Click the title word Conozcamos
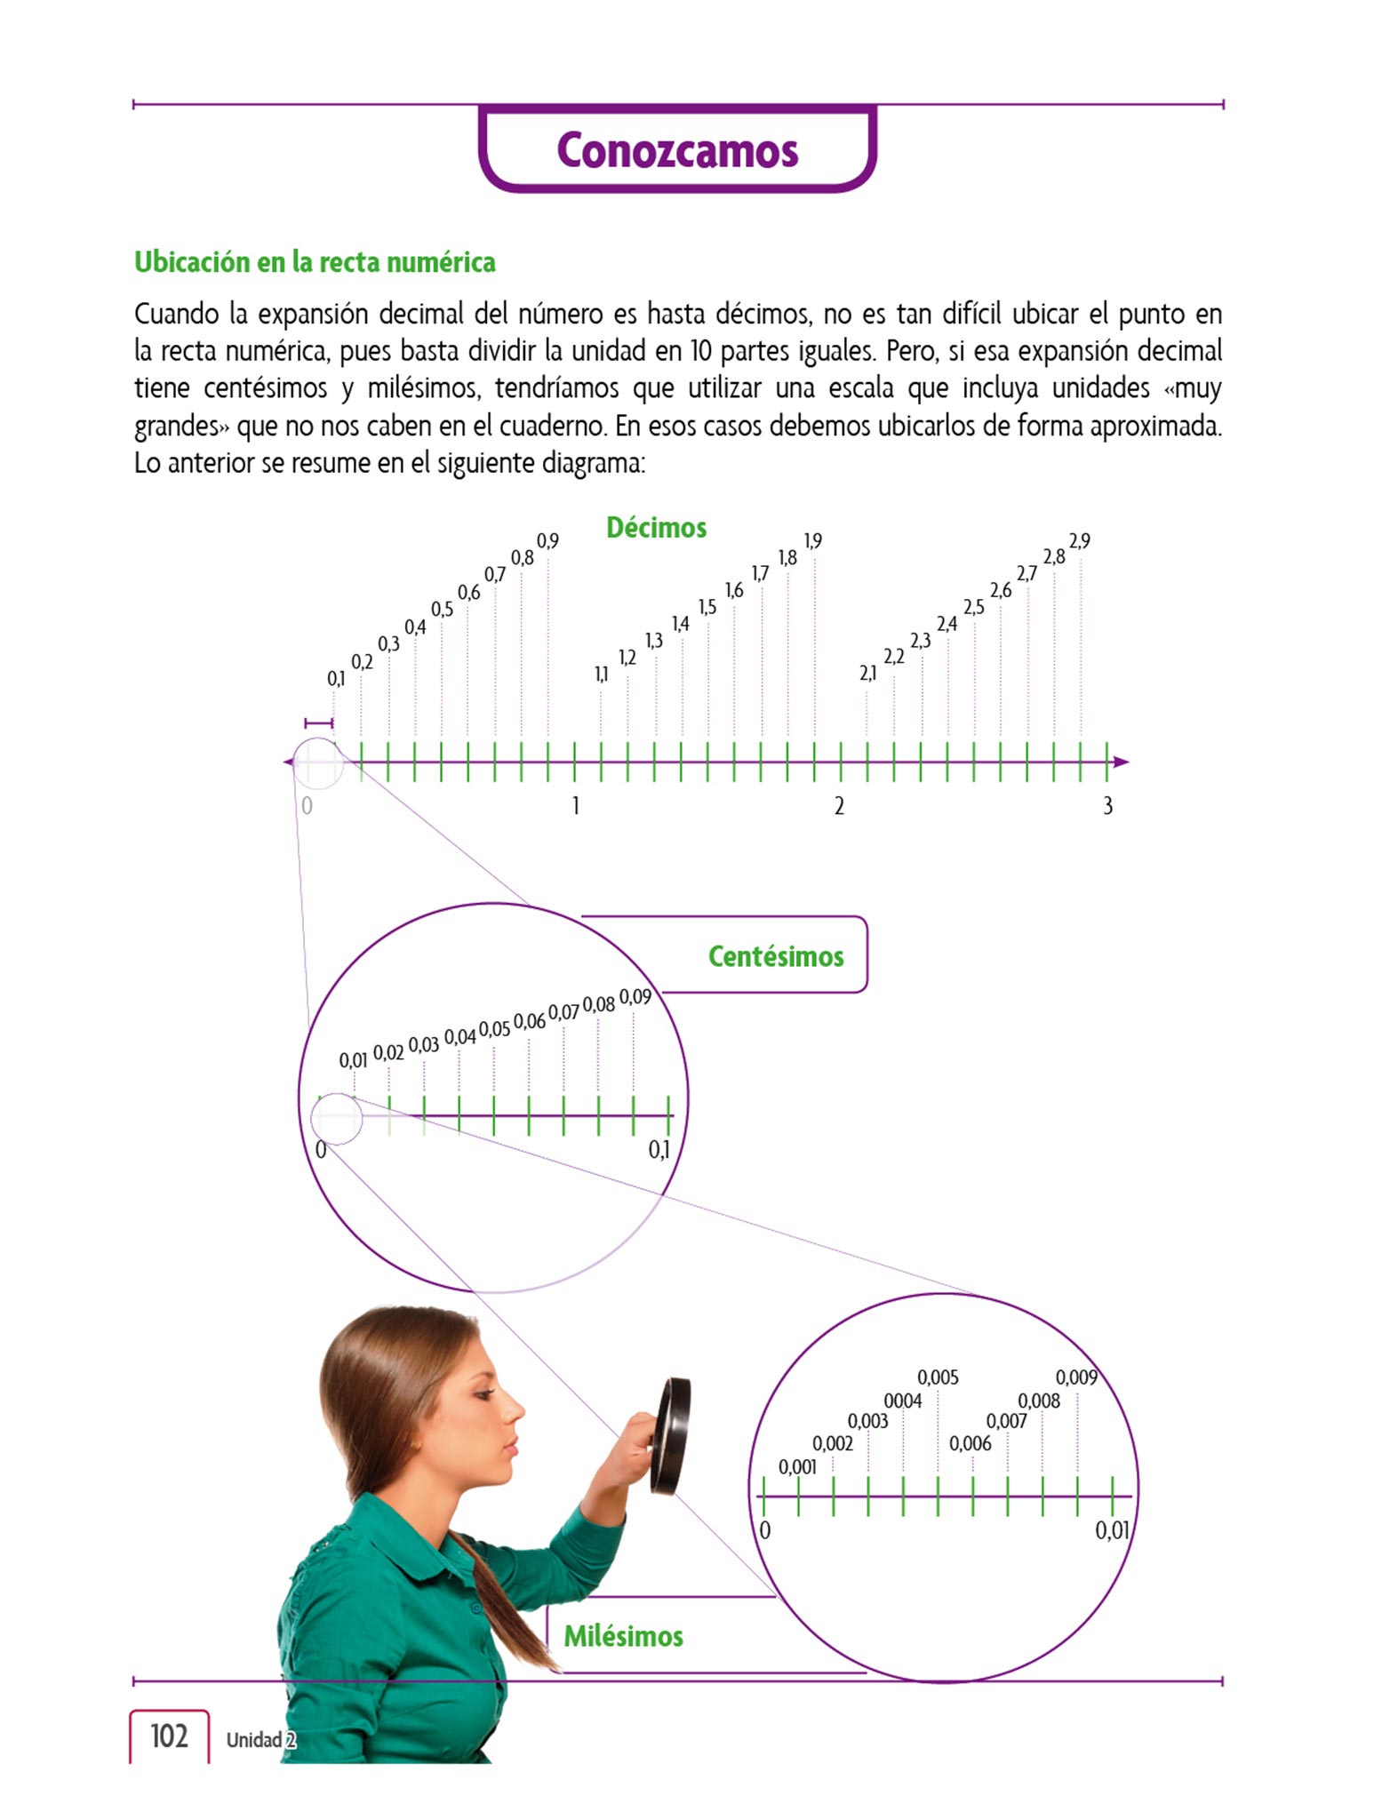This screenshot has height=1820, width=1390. pos(677,150)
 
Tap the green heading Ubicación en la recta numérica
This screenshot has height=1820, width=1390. pos(315,262)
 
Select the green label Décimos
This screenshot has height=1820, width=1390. pos(656,528)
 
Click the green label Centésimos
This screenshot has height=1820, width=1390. pos(776,956)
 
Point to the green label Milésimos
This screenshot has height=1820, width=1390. pos(623,1636)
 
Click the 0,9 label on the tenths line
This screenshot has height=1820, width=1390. pos(547,541)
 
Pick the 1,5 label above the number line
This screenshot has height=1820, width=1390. pos(707,608)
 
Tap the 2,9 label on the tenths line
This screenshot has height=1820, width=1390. pos(1079,541)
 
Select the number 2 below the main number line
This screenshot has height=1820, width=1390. pos(839,806)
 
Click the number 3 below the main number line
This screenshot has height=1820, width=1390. pos(1107,806)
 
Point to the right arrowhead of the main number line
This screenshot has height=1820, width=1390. pos(1122,762)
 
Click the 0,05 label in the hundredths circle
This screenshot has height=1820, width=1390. pos(494,1029)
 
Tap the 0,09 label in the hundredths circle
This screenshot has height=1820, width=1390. pos(635,997)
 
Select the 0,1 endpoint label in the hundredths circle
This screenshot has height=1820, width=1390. pos(659,1150)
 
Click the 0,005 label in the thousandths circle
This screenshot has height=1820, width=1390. pos(938,1377)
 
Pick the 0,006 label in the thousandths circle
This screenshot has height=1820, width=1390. pos(970,1443)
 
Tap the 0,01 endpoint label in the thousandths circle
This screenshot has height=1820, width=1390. pos(1112,1530)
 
